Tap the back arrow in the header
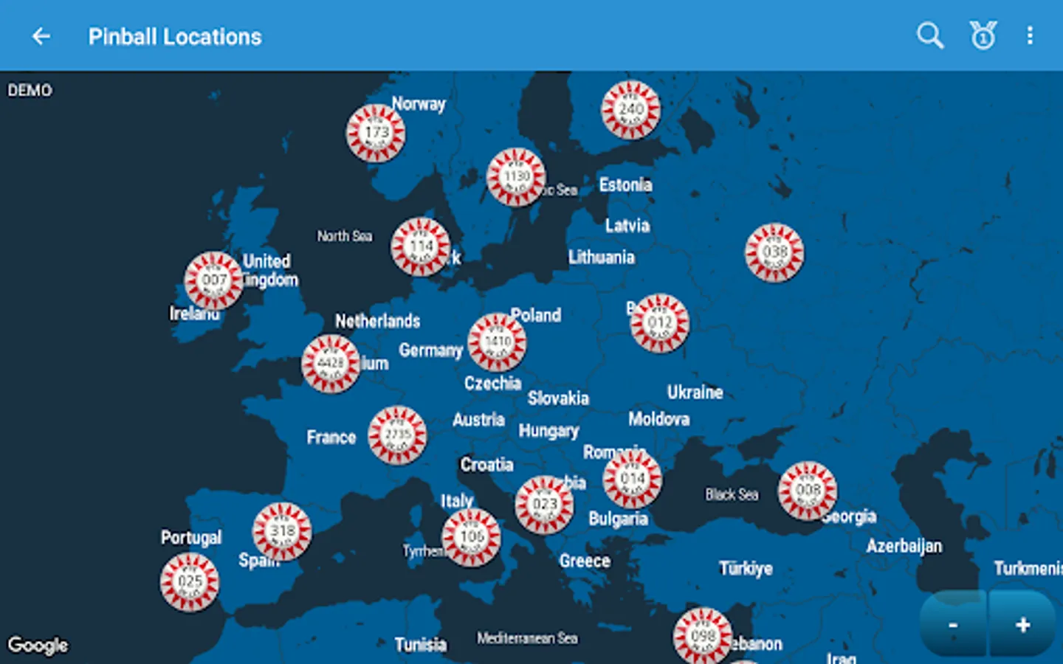tap(41, 36)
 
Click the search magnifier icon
tap(929, 35)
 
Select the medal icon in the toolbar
tap(983, 35)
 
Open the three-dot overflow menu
tap(1030, 35)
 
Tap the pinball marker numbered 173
tap(376, 134)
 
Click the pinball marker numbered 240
tap(630, 110)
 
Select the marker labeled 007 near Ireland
tap(213, 280)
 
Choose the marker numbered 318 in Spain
tap(282, 531)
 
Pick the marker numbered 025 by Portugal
tap(190, 582)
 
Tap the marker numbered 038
tap(774, 253)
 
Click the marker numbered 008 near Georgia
tap(808, 491)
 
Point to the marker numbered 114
tap(421, 247)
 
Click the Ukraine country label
tap(695, 392)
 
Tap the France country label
tap(331, 438)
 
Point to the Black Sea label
tap(732, 494)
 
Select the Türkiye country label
tap(746, 568)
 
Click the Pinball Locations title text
tap(175, 37)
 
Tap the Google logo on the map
tap(38, 646)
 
